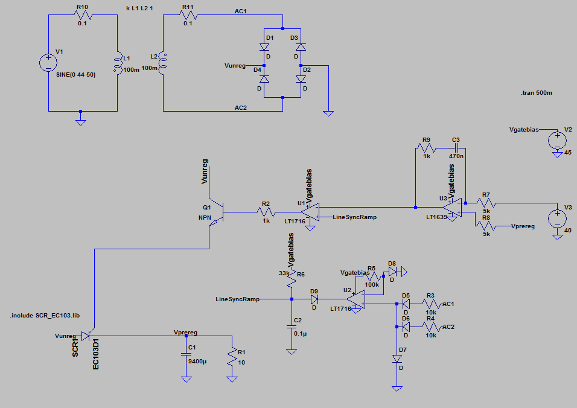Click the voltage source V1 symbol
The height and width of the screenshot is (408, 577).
(48, 62)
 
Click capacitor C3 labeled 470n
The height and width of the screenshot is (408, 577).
(456, 147)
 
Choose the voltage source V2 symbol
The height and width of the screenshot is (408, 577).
(556, 141)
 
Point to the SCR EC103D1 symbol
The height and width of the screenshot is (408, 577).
(86, 336)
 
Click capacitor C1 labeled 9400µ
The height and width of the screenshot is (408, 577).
(186, 355)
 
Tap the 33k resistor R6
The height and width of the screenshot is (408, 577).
(292, 279)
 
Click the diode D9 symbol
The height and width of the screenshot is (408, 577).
(314, 299)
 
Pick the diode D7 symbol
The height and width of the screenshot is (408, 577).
(397, 359)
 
